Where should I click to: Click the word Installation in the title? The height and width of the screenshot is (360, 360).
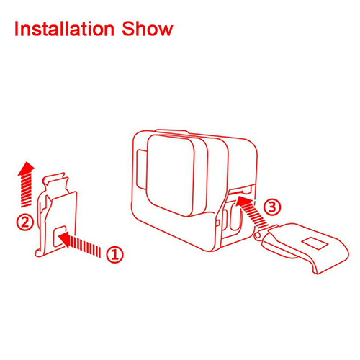point(64,29)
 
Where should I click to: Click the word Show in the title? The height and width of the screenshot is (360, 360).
point(148,29)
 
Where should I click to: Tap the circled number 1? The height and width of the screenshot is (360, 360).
point(114,254)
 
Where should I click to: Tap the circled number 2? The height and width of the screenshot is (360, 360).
point(25,222)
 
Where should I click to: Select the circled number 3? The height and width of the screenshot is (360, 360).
point(271,207)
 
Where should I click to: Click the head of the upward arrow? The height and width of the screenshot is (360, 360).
point(26,166)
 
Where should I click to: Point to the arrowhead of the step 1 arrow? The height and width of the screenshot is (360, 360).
point(64,238)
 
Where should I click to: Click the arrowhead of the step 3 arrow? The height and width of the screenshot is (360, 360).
point(243,201)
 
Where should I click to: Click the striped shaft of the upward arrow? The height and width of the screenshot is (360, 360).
point(26,189)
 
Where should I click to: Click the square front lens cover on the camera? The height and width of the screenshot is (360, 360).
point(171,176)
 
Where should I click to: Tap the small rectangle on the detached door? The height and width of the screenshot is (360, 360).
point(315,243)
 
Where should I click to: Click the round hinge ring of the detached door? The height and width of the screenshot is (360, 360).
point(258,235)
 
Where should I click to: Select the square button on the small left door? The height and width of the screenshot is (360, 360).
point(60,236)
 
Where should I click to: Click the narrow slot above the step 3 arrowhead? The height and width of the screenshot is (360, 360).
point(239,192)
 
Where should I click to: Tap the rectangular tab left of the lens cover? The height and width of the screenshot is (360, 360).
point(141,169)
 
